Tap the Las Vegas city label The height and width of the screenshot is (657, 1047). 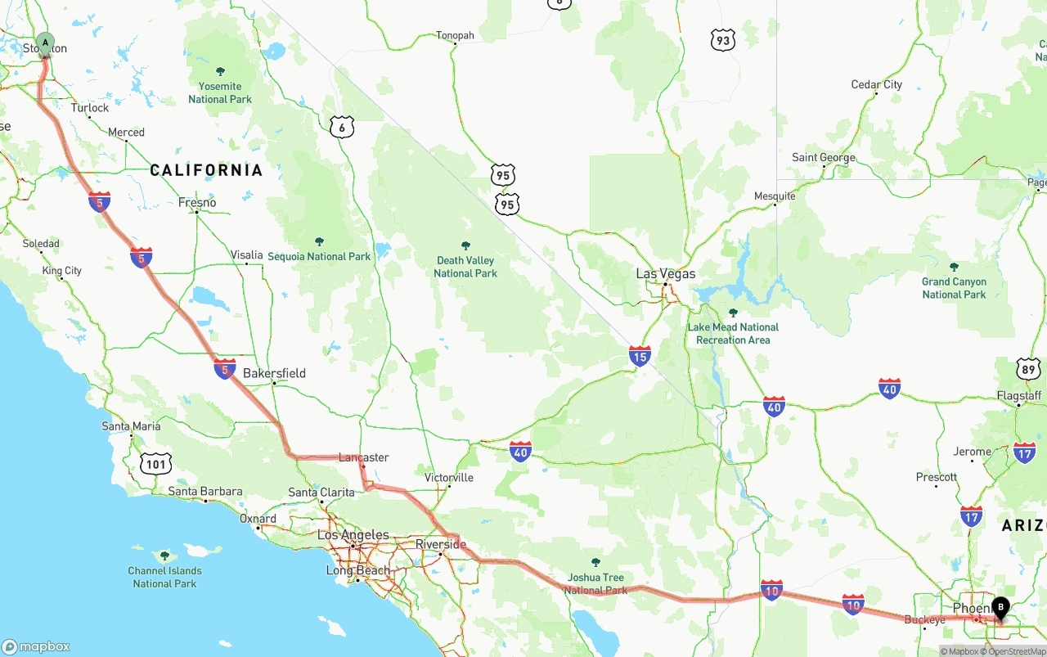pos(666,274)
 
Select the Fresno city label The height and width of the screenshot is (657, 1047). pos(197,202)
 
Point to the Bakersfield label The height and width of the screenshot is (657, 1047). pos(274,373)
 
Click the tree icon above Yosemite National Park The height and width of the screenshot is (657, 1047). pos(220,72)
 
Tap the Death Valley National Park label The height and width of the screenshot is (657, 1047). pos(465,267)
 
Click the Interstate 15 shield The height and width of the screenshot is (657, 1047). pos(640,355)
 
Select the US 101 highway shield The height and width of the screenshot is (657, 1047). pos(155,464)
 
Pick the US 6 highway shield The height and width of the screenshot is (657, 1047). pos(342,127)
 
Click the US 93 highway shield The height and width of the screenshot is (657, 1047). pos(722,40)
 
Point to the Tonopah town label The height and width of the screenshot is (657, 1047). pos(455,35)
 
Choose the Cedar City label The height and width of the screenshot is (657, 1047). pos(876,84)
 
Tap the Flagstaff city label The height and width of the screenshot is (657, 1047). pos(1019,396)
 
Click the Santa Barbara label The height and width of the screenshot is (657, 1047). pos(205,492)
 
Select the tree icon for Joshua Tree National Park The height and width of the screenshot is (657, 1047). pos(595,563)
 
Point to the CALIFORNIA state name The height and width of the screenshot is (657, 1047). pos(206,170)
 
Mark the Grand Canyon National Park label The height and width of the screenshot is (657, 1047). pos(954,288)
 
